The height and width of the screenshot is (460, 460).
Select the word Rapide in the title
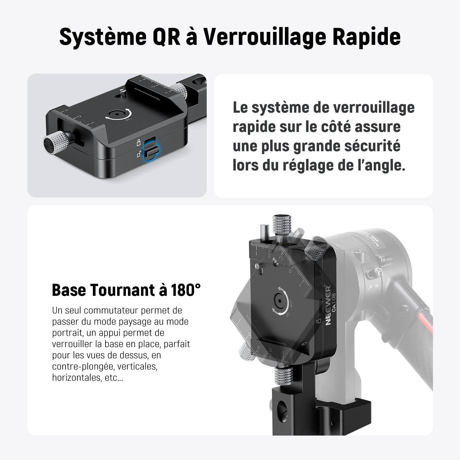367,37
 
